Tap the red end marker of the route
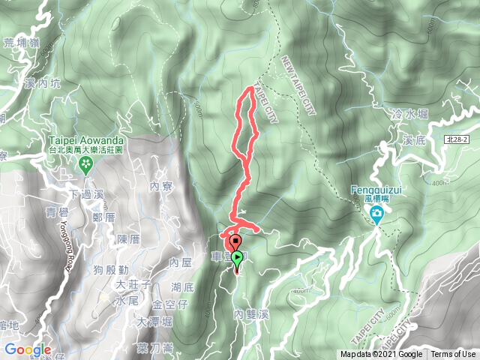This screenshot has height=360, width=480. tap(235, 242)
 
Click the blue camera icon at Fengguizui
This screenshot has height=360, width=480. tap(376, 217)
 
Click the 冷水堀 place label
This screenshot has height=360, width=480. tap(409, 114)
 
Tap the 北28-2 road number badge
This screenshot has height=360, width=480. tap(454, 139)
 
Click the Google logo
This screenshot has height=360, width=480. tap(27, 349)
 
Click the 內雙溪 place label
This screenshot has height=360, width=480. tap(250, 314)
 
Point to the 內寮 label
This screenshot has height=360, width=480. tap(161, 185)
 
